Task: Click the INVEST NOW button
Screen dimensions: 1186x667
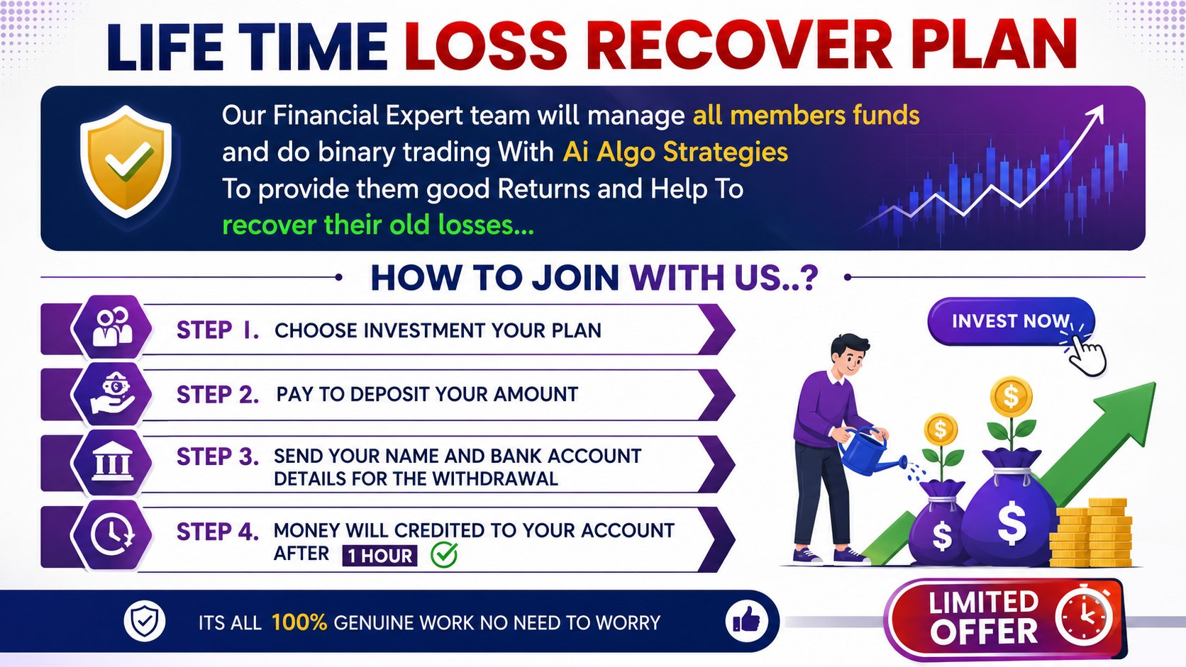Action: pyautogui.click(x=1011, y=321)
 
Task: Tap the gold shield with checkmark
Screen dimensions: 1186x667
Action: pyautogui.click(x=126, y=162)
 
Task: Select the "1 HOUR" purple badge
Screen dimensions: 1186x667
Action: pyautogui.click(x=379, y=556)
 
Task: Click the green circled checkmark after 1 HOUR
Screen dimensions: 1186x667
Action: pyautogui.click(x=444, y=554)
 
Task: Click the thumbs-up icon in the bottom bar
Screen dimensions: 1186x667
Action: pyautogui.click(x=747, y=620)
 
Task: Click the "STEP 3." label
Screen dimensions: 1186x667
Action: pyautogui.click(x=218, y=456)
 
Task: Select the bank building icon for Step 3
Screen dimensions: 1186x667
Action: pyautogui.click(x=112, y=461)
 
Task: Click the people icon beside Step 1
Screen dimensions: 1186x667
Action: pyautogui.click(x=112, y=327)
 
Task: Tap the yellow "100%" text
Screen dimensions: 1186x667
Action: pyautogui.click(x=299, y=622)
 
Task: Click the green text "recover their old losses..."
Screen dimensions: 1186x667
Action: pyautogui.click(x=378, y=225)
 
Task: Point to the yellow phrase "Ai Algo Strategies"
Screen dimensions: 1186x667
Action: pyautogui.click(x=675, y=152)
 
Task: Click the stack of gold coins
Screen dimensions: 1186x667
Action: pyautogui.click(x=1091, y=532)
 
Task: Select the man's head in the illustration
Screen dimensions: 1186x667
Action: pyautogui.click(x=849, y=354)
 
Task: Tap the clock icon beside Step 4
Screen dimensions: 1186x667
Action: pyautogui.click(x=112, y=534)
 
